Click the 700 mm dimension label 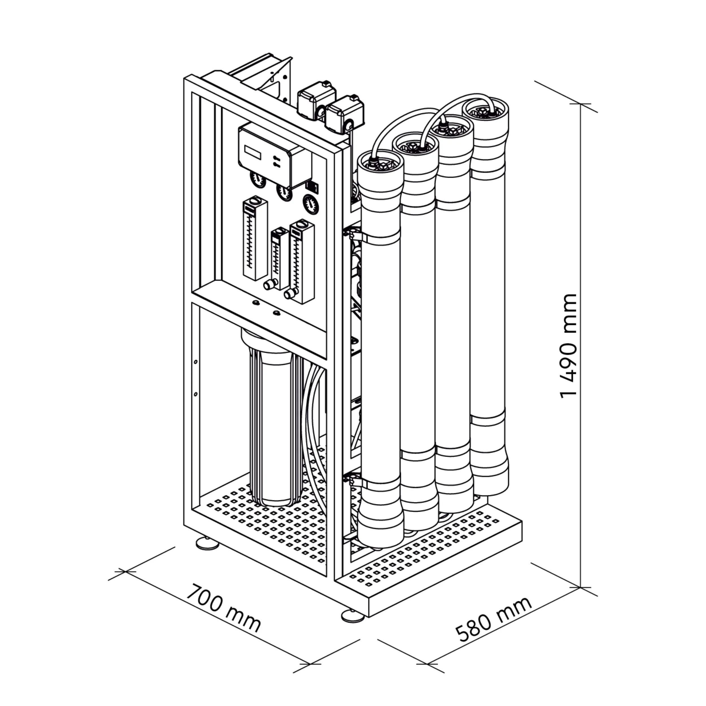click(x=223, y=614)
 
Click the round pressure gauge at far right click(x=311, y=204)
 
